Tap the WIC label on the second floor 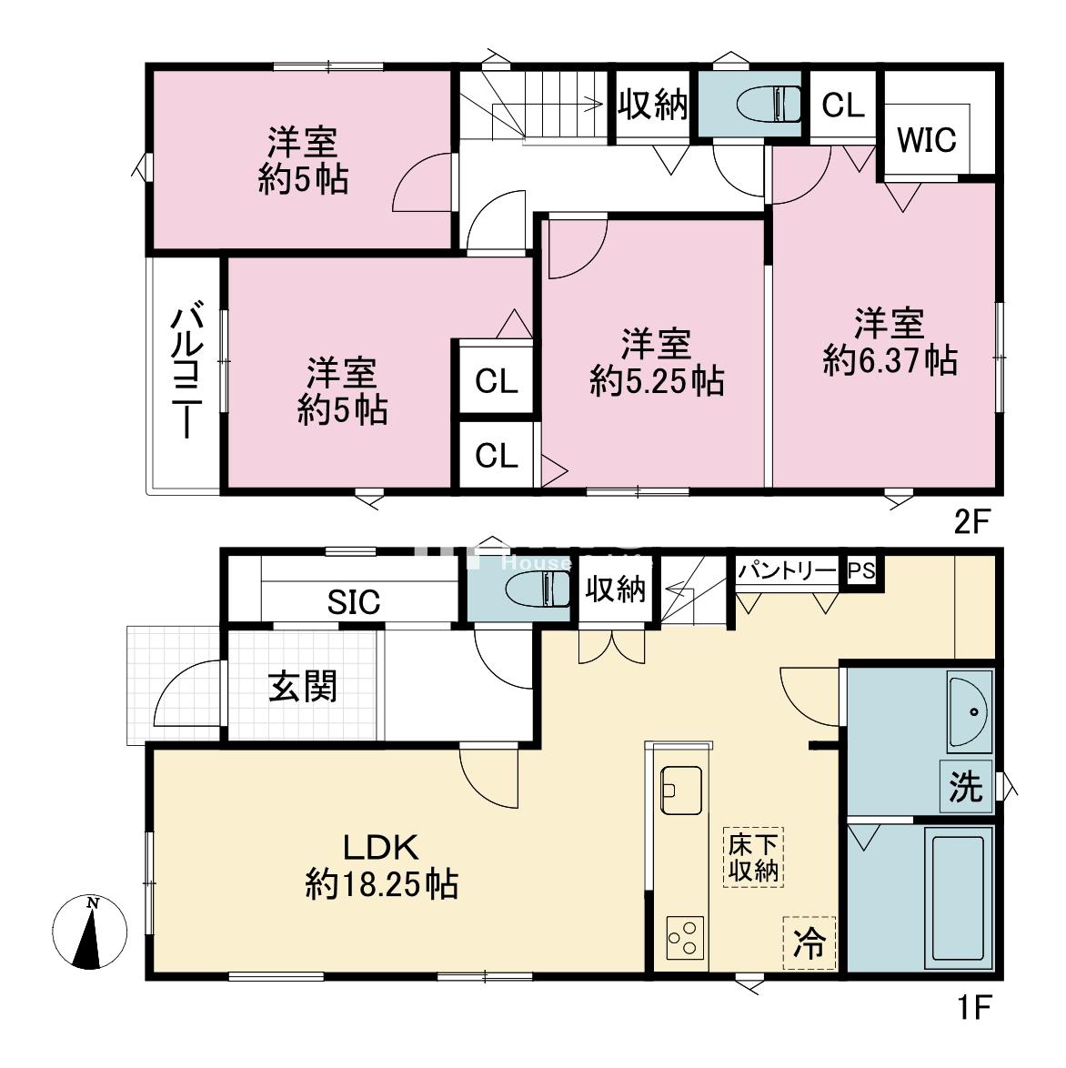tap(927, 140)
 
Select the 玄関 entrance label tap(303, 686)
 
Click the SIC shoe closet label tap(354, 602)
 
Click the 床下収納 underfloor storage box tap(753, 856)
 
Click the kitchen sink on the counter tap(680, 790)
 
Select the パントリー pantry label tap(786, 571)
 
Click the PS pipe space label tap(860, 572)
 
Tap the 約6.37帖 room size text tap(890, 362)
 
